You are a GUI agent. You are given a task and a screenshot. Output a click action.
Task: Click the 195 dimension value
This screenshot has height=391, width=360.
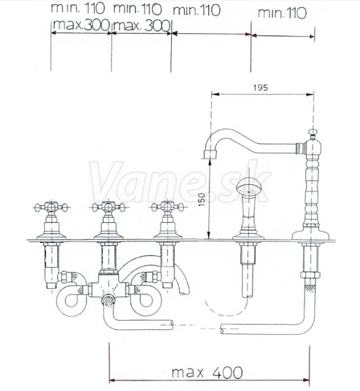tap(260, 87)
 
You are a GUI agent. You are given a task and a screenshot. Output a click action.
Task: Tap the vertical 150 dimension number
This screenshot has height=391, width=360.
tap(202, 199)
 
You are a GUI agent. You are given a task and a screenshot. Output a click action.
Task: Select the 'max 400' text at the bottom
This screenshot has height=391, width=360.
tap(207, 373)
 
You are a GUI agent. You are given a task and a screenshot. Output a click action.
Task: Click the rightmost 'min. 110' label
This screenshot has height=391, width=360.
tap(282, 13)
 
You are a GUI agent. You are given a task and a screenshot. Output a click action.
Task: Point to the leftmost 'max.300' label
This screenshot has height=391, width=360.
tap(81, 25)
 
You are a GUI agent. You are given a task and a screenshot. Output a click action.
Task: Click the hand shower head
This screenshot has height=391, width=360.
tap(249, 187)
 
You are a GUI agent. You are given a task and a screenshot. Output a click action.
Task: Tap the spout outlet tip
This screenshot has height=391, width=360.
tap(210, 154)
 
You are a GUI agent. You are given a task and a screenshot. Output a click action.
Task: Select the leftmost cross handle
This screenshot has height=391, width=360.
tap(51, 207)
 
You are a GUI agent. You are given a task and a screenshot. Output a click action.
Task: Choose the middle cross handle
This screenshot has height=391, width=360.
tap(108, 207)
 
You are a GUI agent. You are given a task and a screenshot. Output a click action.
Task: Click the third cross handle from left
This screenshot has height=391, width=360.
tap(168, 207)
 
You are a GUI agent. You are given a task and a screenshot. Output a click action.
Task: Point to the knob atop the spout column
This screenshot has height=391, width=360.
tap(312, 132)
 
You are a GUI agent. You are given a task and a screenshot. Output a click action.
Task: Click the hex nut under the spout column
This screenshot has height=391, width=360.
tap(310, 275)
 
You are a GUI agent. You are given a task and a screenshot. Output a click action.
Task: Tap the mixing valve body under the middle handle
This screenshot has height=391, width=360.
tap(109, 286)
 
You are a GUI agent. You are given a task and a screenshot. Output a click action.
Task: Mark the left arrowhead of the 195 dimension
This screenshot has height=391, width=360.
tap(215, 94)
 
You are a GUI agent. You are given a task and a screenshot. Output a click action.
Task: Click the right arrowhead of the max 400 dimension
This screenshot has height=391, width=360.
tap(306, 381)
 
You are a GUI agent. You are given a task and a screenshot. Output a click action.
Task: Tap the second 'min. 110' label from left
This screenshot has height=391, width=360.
tap(137, 9)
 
